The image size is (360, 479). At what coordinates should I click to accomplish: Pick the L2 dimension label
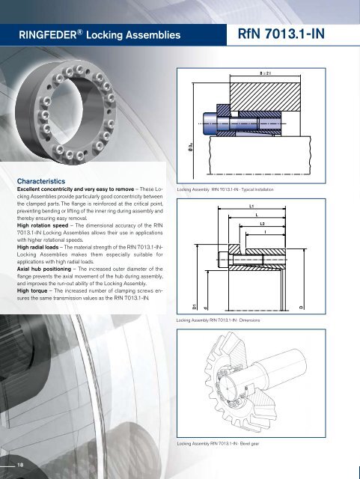261,224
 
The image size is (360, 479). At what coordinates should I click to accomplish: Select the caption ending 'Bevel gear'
222,445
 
